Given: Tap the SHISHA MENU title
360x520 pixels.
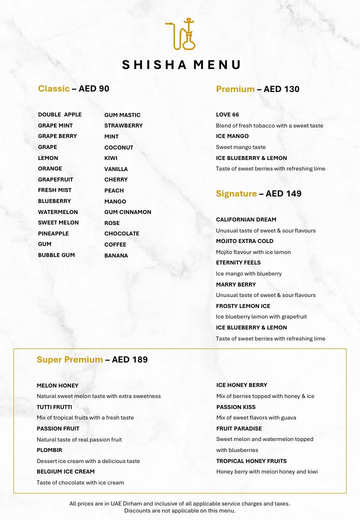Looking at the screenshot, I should pyautogui.click(x=181, y=64).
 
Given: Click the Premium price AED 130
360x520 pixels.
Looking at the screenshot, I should pyautogui.click(x=281, y=89).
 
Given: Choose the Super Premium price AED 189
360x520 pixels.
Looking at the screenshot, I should pyautogui.click(x=129, y=359).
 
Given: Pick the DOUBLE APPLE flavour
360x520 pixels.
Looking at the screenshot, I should pyautogui.click(x=59, y=114).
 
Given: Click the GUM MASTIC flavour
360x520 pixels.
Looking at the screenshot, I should pyautogui.click(x=122, y=115).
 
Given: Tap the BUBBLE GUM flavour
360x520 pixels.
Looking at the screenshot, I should pyautogui.click(x=56, y=255).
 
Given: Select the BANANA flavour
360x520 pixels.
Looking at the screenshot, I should pyautogui.click(x=116, y=255).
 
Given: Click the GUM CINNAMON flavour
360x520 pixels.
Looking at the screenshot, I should pyautogui.click(x=127, y=212).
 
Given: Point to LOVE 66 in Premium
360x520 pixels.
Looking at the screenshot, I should pyautogui.click(x=227, y=114).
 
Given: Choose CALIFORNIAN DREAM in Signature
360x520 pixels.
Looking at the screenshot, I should pyautogui.click(x=246, y=219).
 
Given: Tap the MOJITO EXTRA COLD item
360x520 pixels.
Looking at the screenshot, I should pyautogui.click(x=244, y=241).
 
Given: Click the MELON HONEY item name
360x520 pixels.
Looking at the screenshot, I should pyautogui.click(x=57, y=385).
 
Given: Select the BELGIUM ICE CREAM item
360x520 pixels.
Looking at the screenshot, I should pyautogui.click(x=65, y=471).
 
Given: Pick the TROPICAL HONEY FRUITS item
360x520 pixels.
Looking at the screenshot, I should pyautogui.click(x=251, y=461).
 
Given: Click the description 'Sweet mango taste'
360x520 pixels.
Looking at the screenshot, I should pyautogui.click(x=241, y=147).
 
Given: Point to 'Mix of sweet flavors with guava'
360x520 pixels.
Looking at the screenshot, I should pyautogui.click(x=256, y=417).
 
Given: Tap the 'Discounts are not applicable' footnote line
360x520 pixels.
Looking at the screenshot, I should pyautogui.click(x=180, y=510).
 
